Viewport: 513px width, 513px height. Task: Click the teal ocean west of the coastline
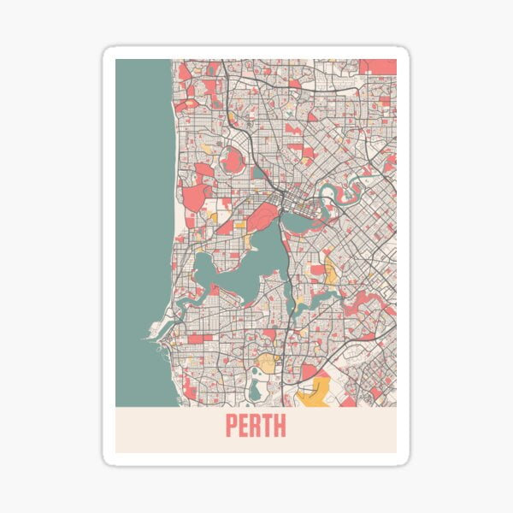pos(141,214)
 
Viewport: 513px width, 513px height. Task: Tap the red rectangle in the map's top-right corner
pos(377,66)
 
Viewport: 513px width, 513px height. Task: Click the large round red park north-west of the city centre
pos(233,160)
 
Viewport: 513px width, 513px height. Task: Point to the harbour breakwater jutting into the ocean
pos(154,328)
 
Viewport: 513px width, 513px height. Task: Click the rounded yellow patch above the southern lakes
pos(268,363)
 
